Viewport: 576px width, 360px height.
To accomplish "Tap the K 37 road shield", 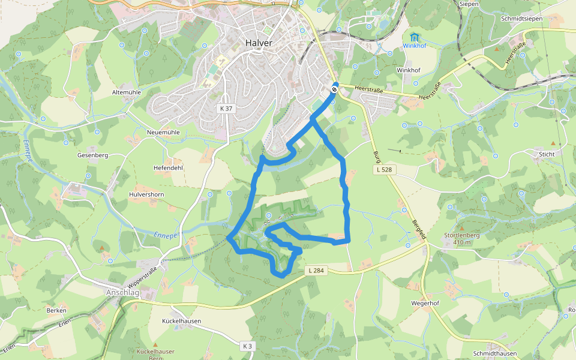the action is coord(224,108).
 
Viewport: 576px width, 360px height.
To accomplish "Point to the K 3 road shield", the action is coord(248,346).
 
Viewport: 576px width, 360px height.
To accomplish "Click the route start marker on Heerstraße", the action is coord(334,89).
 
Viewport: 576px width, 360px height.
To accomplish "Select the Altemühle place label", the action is coord(126,92).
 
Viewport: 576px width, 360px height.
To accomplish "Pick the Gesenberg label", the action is coord(92,155).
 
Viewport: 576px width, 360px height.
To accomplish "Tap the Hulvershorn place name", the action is coord(146,195).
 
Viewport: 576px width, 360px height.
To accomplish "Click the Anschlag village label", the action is coord(122,292).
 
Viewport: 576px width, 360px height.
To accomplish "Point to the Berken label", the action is coord(56,310).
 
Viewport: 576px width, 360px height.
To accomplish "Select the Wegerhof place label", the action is coord(425,303).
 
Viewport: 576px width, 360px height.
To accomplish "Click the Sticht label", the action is coord(547,154).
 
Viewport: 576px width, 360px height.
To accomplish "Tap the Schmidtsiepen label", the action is coord(521,19).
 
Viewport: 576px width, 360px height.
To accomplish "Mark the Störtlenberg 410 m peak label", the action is coord(461,238).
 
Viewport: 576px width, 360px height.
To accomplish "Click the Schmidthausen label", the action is coord(494,353).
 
